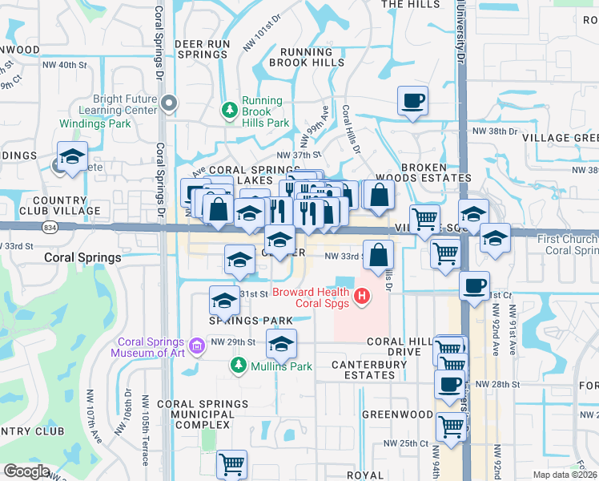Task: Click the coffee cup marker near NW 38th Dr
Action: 412,101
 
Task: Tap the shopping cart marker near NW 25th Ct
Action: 451,426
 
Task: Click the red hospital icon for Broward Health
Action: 362,297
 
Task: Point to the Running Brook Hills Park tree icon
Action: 230,110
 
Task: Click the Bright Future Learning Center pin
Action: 168,103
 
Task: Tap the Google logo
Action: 26,471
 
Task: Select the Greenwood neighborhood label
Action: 397,414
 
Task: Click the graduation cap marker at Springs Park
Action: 225,301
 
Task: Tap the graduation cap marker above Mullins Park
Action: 281,343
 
